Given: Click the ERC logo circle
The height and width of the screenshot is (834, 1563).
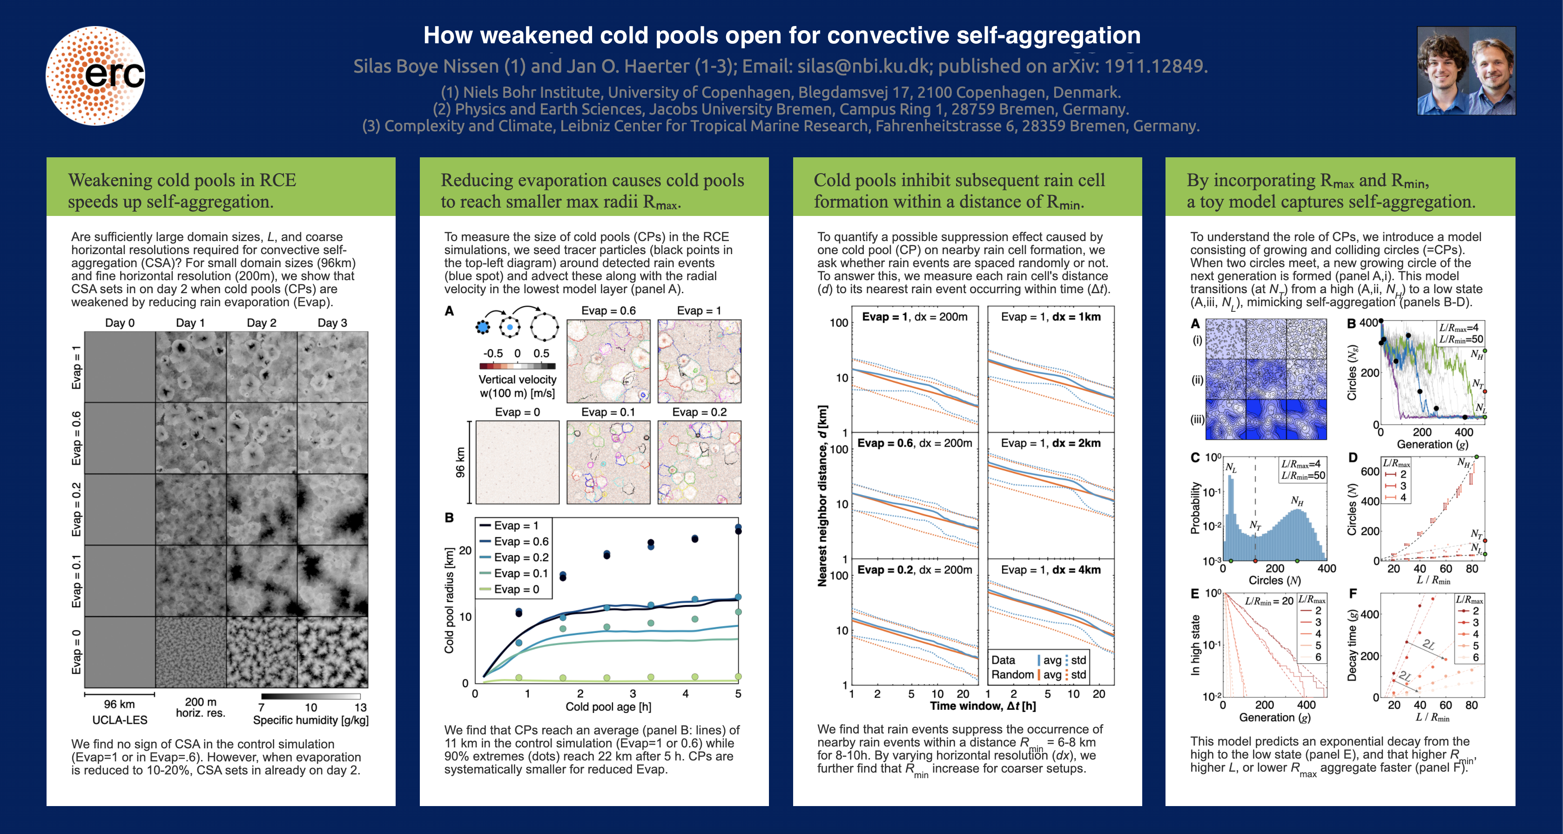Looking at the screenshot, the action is click(96, 75).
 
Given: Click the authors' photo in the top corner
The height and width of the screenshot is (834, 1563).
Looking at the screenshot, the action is click(1466, 70).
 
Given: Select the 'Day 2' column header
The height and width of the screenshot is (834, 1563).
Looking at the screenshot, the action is click(262, 323).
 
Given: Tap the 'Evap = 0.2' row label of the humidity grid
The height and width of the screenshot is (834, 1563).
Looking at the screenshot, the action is click(76, 510).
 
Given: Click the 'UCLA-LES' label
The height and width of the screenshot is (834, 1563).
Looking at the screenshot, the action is click(120, 720).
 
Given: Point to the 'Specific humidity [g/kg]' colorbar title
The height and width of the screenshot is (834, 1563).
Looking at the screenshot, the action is click(310, 720).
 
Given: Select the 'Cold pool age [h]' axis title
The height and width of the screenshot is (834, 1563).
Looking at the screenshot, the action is click(608, 706).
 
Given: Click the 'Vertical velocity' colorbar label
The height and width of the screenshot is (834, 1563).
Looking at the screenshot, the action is click(518, 379).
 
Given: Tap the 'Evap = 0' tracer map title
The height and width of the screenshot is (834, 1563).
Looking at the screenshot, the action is click(517, 412).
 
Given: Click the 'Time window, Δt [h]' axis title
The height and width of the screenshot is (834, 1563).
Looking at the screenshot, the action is click(983, 706).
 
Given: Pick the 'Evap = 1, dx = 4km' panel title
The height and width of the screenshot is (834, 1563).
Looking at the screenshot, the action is click(1051, 570).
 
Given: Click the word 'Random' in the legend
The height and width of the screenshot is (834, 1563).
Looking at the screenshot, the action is click(1012, 674).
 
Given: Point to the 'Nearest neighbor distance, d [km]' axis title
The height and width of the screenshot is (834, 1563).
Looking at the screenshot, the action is click(822, 496).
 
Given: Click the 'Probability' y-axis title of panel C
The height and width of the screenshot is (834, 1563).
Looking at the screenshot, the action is click(1195, 508).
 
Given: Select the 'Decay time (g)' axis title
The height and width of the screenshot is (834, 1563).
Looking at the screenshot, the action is click(1352, 646).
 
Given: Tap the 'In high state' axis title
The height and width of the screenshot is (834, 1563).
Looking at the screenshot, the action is click(1195, 645).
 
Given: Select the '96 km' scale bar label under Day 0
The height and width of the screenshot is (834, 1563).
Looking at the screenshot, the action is click(120, 704).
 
